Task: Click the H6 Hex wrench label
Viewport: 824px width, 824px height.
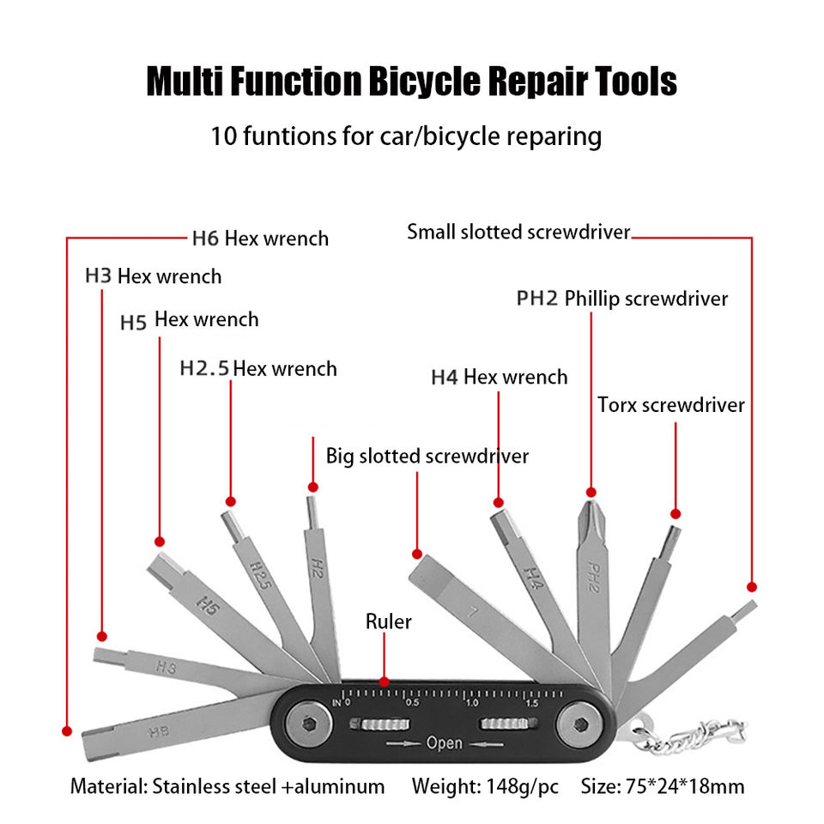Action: (x=259, y=238)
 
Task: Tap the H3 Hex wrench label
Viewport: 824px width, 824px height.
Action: (x=153, y=276)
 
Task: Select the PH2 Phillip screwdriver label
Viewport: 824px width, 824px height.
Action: (x=621, y=299)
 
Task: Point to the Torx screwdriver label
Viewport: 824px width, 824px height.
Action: (x=670, y=404)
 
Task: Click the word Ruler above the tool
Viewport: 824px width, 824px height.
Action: (x=388, y=621)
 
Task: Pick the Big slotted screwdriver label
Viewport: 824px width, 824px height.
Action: (x=427, y=456)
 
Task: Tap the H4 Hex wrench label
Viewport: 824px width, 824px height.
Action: (x=499, y=377)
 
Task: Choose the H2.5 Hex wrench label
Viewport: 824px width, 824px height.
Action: (x=257, y=369)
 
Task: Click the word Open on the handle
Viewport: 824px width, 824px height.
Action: (x=444, y=743)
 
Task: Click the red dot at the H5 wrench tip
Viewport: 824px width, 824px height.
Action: (x=159, y=542)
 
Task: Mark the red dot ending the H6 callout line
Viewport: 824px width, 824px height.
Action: (x=66, y=730)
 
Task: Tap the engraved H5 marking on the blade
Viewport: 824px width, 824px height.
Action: (x=206, y=605)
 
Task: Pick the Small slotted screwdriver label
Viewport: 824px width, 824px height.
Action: (x=518, y=232)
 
